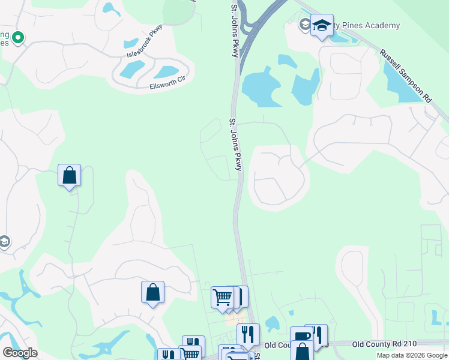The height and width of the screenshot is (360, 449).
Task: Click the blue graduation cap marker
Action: [x=322, y=26]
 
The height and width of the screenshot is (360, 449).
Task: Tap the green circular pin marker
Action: [x=18, y=38]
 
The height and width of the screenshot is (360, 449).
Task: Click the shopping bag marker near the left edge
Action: [x=70, y=176]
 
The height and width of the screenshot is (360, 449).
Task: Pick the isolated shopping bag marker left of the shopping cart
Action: [x=152, y=292]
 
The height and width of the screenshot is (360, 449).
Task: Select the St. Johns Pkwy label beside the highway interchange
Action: [x=234, y=31]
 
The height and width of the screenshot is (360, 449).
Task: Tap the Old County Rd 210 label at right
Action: [x=384, y=344]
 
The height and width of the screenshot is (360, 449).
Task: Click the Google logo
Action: [x=19, y=352]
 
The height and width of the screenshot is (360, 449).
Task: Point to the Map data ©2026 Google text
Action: [x=412, y=355]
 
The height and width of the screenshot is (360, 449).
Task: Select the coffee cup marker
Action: [x=301, y=336]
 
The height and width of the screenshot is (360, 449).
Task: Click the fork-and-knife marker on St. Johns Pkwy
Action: [x=247, y=334]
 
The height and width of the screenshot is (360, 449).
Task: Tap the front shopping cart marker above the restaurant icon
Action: [x=222, y=297]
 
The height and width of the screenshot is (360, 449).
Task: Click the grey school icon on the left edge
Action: [x=4, y=242]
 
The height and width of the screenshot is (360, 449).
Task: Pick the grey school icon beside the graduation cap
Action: [x=305, y=25]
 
